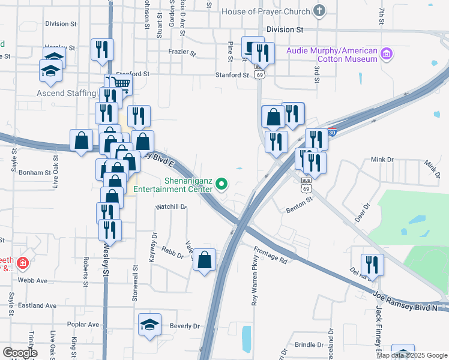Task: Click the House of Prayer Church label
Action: pyautogui.click(x=265, y=11)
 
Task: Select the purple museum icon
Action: pyautogui.click(x=387, y=55)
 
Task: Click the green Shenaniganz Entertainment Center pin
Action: pyautogui.click(x=222, y=184)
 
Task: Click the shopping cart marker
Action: pyautogui.click(x=122, y=85)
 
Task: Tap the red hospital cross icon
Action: pyautogui.click(x=23, y=263)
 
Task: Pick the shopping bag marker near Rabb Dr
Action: pyautogui.click(x=205, y=260)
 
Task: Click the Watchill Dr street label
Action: pyautogui.click(x=171, y=206)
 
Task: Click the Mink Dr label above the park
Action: pyautogui.click(x=381, y=160)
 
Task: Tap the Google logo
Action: pyautogui.click(x=19, y=353)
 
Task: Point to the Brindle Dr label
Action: pyautogui.click(x=309, y=345)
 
